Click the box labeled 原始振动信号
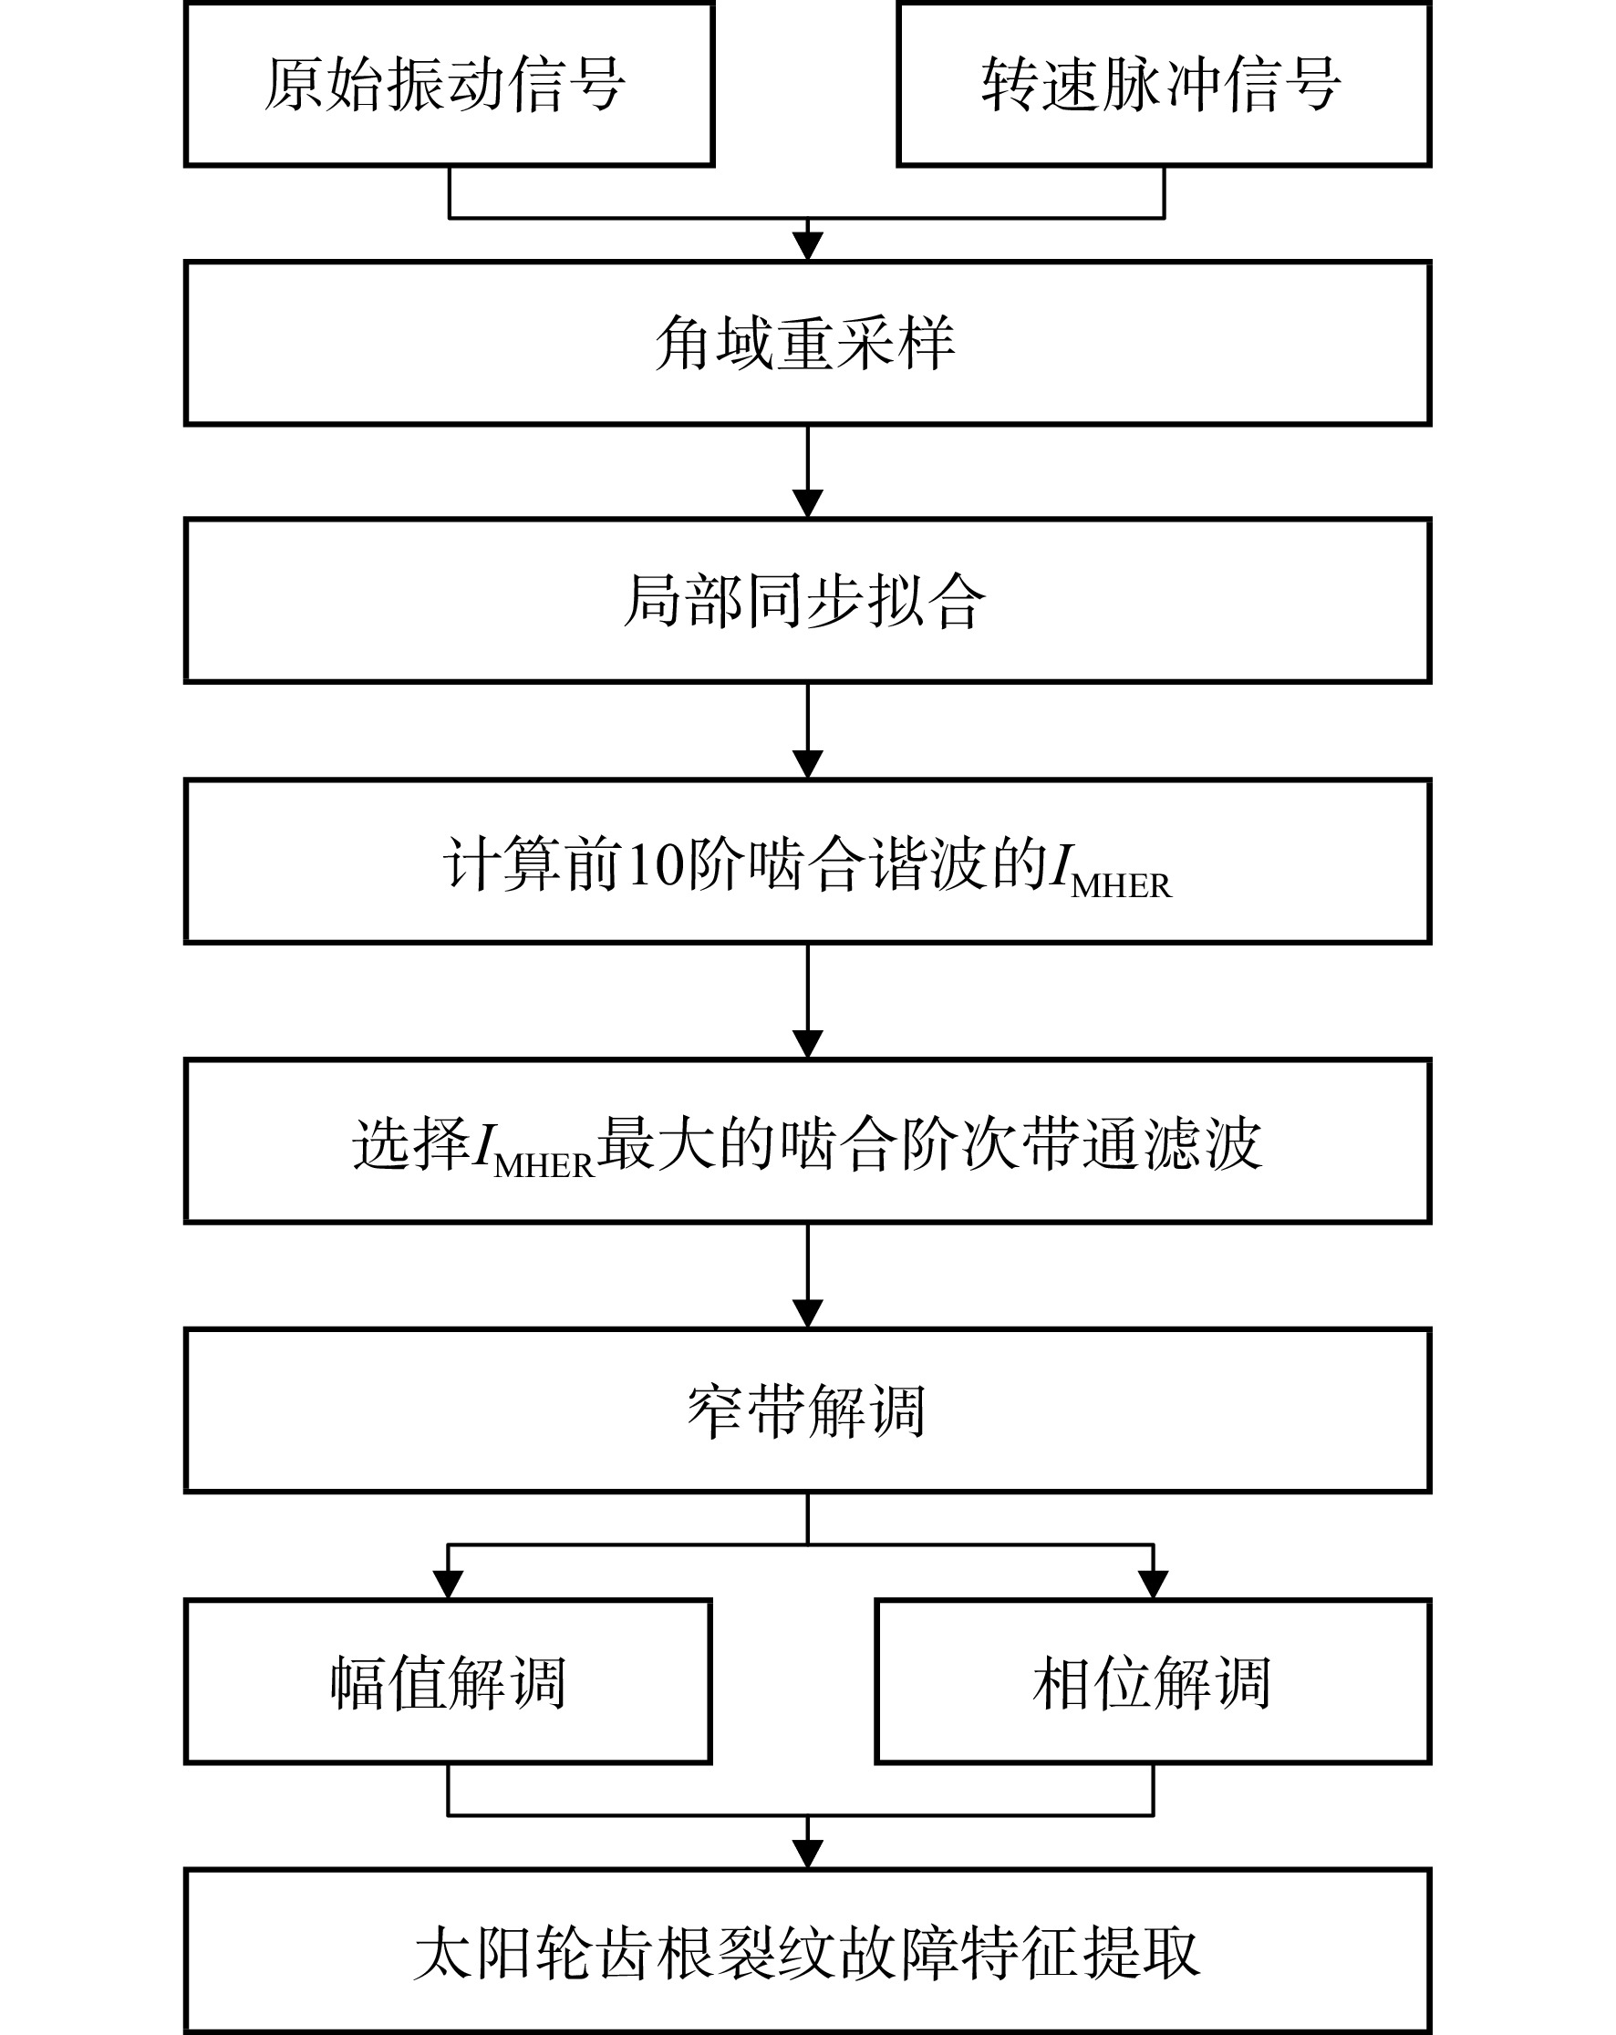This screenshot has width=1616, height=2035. (x=449, y=84)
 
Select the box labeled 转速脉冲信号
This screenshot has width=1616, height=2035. (x=1164, y=84)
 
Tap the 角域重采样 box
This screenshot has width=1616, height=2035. (x=808, y=343)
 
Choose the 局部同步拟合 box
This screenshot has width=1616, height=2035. (x=808, y=601)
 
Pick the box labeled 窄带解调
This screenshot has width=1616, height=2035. (x=808, y=1411)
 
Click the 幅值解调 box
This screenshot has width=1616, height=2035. (x=449, y=1682)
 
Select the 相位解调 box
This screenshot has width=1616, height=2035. (x=1154, y=1682)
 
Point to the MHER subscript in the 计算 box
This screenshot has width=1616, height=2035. (x=1121, y=886)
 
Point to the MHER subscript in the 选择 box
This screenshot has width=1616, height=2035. (x=544, y=1167)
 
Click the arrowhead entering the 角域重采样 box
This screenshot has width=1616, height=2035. (x=808, y=245)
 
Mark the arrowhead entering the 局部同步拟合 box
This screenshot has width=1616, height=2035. (x=808, y=504)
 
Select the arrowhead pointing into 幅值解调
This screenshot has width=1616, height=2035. (x=448, y=1585)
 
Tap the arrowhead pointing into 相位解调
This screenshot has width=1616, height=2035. (x=1154, y=1585)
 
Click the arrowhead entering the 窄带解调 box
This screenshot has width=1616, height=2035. (x=808, y=1314)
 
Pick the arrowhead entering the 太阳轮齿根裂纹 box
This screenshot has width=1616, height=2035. (x=808, y=1854)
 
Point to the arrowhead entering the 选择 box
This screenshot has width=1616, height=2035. (x=808, y=1044)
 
